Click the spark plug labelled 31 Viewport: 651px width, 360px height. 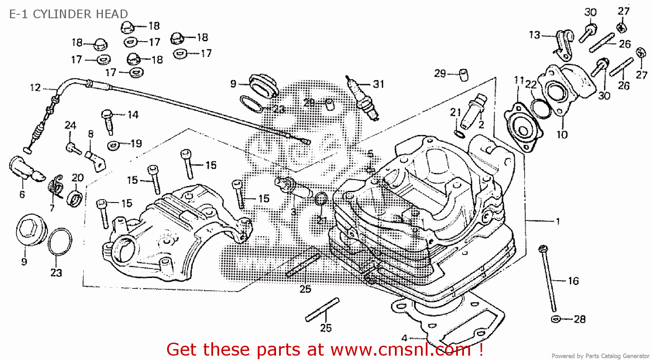[x=362, y=99]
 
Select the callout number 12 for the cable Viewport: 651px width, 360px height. [x=35, y=88]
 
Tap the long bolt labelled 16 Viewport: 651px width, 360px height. [x=548, y=278]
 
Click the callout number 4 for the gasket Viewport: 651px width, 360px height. [x=404, y=338]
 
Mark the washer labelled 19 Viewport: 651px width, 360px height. [x=114, y=145]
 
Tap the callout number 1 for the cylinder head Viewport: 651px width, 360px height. [x=558, y=221]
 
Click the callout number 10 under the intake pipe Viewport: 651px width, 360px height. [x=562, y=134]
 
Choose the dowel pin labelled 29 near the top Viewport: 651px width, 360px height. [x=463, y=75]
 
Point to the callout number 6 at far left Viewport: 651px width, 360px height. [x=22, y=194]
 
